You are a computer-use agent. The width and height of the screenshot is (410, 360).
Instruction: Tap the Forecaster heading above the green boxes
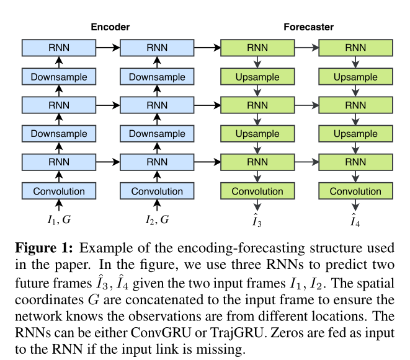click(x=308, y=27)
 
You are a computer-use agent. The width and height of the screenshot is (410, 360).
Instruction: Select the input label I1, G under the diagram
click(x=59, y=219)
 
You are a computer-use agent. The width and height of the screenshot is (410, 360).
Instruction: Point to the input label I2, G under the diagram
click(x=157, y=219)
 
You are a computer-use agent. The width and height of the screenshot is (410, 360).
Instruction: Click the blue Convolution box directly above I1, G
click(x=59, y=191)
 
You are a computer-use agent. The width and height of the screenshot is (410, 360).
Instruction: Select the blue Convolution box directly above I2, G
click(x=157, y=191)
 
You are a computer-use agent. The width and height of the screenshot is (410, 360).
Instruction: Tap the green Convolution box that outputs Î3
click(x=257, y=191)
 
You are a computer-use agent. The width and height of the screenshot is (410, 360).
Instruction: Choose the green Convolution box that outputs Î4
click(x=355, y=191)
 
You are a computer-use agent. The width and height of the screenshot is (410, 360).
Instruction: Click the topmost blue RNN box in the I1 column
click(x=59, y=48)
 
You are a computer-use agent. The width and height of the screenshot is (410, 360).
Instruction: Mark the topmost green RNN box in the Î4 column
click(x=355, y=48)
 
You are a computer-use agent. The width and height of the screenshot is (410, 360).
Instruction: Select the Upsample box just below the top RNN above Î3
click(x=257, y=77)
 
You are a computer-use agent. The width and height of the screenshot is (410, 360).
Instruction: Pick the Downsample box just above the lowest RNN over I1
click(x=59, y=134)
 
